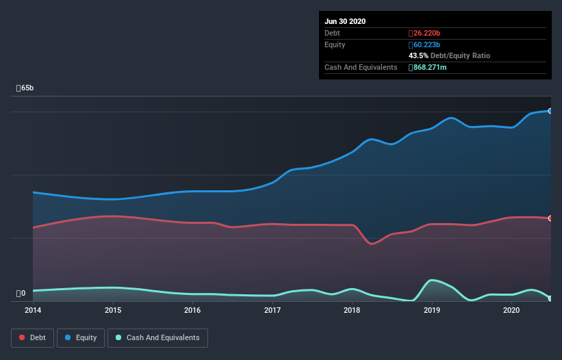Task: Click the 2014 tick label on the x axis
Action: pos(33,310)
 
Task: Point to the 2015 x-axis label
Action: pos(113,310)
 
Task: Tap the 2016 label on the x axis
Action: pos(192,310)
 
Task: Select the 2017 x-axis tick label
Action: pos(272,310)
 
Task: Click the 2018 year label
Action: pos(352,310)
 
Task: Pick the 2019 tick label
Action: pos(432,310)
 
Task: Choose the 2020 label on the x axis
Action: pos(511,310)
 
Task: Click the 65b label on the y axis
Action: pos(25,88)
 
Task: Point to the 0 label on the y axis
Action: pos(21,294)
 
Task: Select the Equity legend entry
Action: pos(81,337)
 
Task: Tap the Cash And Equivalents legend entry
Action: pos(157,337)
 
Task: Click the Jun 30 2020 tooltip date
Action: pos(345,21)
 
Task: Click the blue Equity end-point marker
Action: pos(550,111)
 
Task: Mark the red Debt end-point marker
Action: pos(550,218)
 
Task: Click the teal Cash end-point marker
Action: pos(550,298)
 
